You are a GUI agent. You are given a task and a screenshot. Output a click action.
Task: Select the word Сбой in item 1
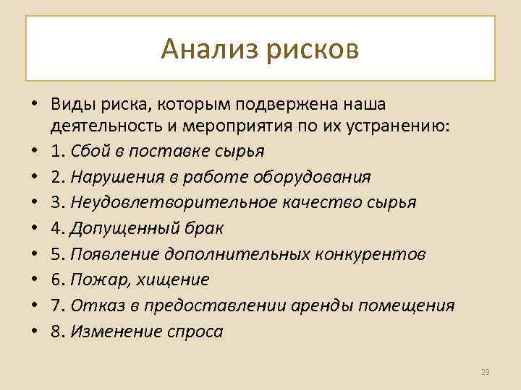[91, 151]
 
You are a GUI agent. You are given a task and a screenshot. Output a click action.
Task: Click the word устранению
[393, 126]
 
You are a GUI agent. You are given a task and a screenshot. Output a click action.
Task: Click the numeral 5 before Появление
[55, 254]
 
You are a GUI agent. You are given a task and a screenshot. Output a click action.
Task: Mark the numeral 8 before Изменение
[55, 331]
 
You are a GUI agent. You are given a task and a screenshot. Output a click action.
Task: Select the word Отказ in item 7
[96, 305]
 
